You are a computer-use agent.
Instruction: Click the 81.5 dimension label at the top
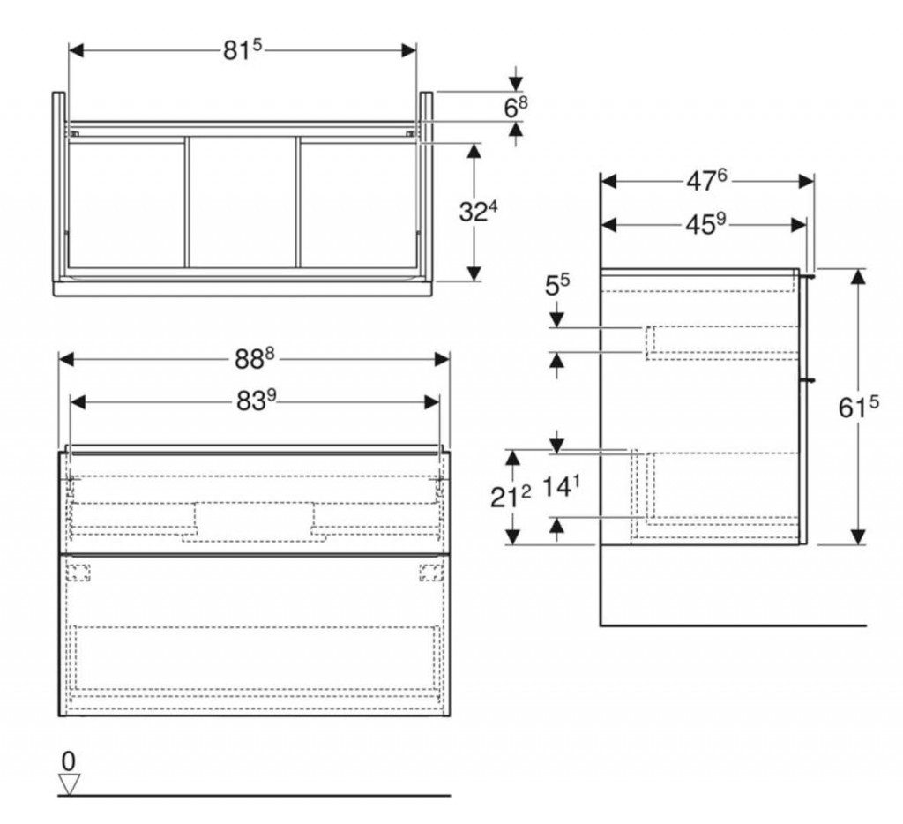(x=243, y=50)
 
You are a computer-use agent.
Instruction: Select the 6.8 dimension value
(x=515, y=107)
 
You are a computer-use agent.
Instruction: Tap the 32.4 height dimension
(x=478, y=212)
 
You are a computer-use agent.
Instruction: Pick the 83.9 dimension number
(x=257, y=401)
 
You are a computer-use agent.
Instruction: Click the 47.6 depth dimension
(x=706, y=182)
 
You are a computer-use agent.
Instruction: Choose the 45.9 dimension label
(x=705, y=224)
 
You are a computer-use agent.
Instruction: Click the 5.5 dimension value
(x=557, y=285)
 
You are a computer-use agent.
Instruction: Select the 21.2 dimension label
(x=511, y=497)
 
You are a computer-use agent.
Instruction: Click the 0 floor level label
(x=69, y=761)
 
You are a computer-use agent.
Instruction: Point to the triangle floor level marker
(x=69, y=784)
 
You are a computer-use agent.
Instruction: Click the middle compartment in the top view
(x=243, y=202)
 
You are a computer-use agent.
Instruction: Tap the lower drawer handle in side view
(x=808, y=380)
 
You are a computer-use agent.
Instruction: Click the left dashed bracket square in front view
(x=78, y=573)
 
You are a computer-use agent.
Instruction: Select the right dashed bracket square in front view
(x=431, y=573)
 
